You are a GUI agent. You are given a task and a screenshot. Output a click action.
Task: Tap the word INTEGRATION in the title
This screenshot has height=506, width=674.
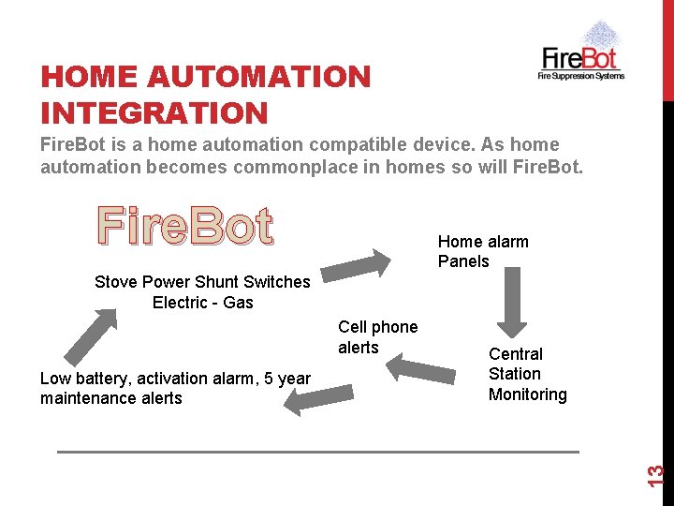(x=154, y=113)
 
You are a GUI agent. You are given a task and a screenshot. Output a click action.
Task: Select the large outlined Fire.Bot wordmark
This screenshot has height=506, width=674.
(x=185, y=227)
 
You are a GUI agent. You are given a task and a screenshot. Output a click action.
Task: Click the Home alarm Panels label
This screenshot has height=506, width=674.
(x=483, y=251)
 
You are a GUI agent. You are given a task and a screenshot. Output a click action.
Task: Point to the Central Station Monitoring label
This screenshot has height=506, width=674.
(x=527, y=374)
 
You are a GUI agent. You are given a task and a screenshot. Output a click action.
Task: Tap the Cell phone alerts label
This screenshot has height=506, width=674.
(x=377, y=336)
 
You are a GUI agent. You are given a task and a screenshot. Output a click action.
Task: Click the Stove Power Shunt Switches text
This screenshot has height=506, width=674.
(x=202, y=282)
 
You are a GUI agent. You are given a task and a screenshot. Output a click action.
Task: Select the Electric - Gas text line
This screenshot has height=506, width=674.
(x=202, y=303)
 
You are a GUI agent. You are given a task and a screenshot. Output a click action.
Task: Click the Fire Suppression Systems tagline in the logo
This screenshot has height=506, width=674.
(x=580, y=75)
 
